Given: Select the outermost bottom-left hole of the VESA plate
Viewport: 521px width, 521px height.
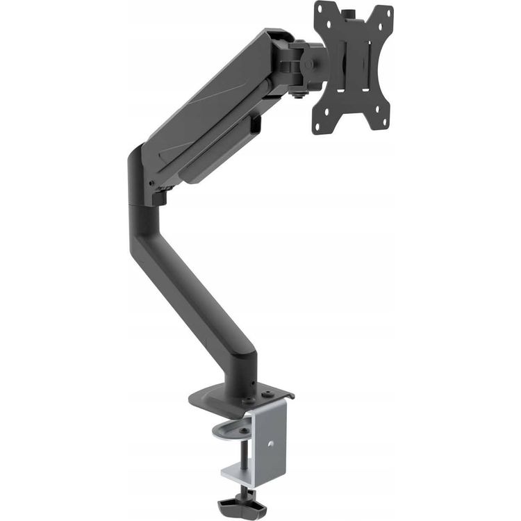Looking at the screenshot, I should [x=318, y=127].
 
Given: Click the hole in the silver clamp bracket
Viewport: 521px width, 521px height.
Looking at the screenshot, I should [x=271, y=443].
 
